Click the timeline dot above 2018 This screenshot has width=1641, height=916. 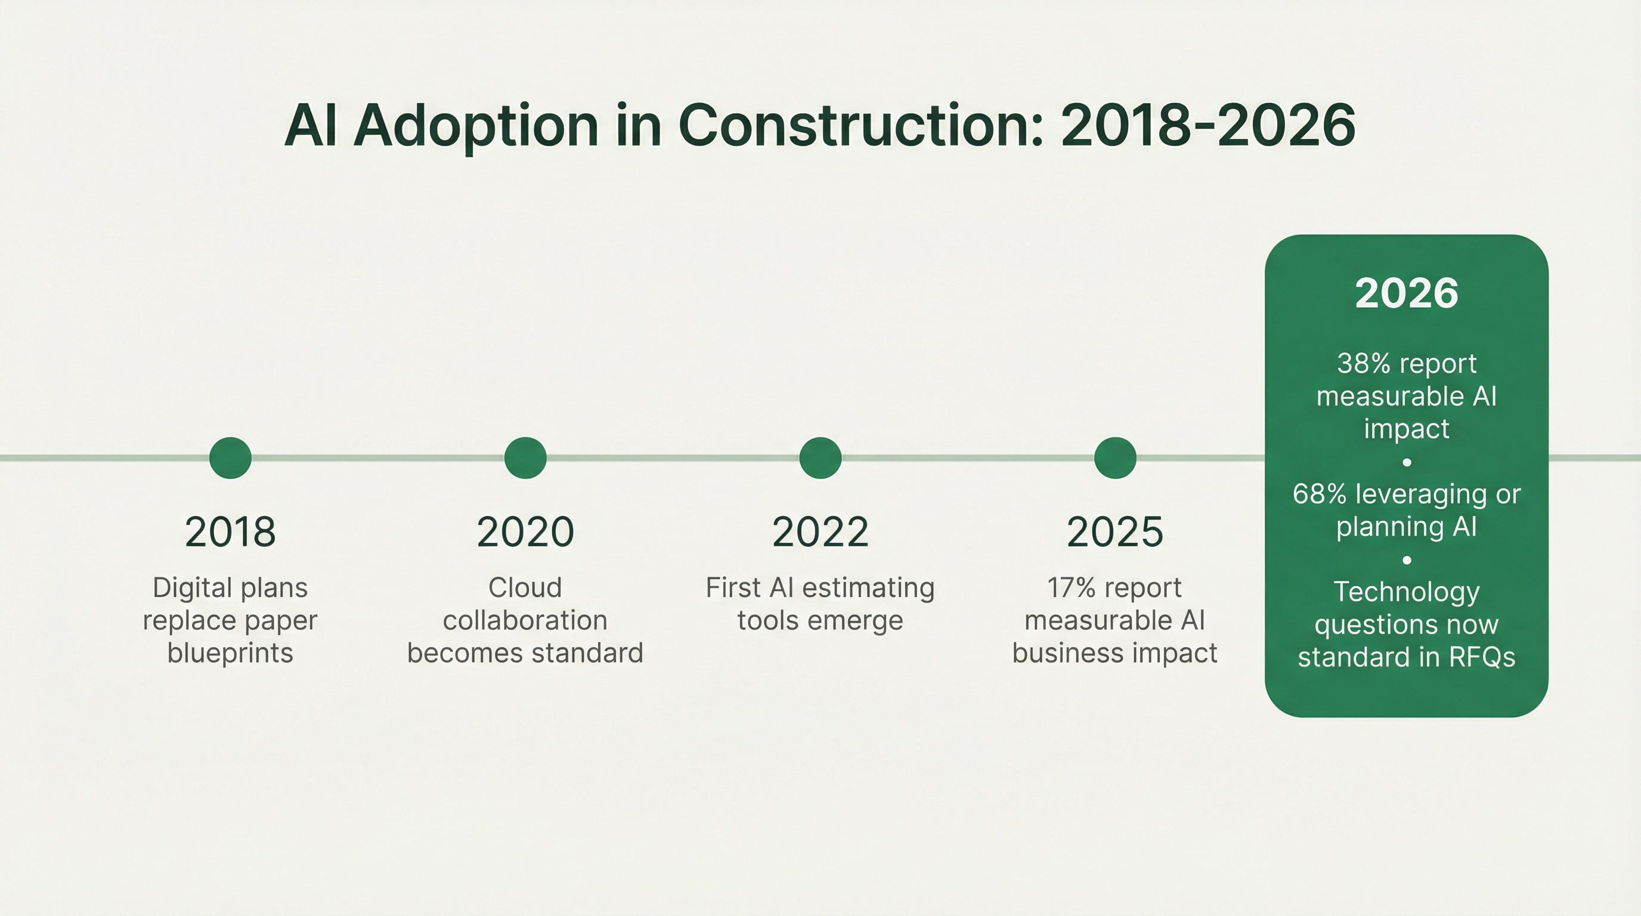230,457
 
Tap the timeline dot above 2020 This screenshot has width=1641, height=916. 525,457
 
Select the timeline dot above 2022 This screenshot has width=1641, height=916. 820,457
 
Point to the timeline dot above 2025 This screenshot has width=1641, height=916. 1115,457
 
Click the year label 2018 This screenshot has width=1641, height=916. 230,532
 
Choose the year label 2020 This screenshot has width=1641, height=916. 525,532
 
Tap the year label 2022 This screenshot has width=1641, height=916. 820,532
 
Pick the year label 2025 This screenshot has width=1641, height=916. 1115,532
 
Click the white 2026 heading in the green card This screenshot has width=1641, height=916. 1406,293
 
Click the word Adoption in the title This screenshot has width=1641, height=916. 475,126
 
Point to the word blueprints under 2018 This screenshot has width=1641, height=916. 230,653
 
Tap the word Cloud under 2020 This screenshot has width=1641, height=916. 525,587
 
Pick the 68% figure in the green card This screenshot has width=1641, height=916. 1319,494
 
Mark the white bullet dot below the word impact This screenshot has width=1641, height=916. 1407,462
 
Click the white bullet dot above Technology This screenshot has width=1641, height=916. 1407,560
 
